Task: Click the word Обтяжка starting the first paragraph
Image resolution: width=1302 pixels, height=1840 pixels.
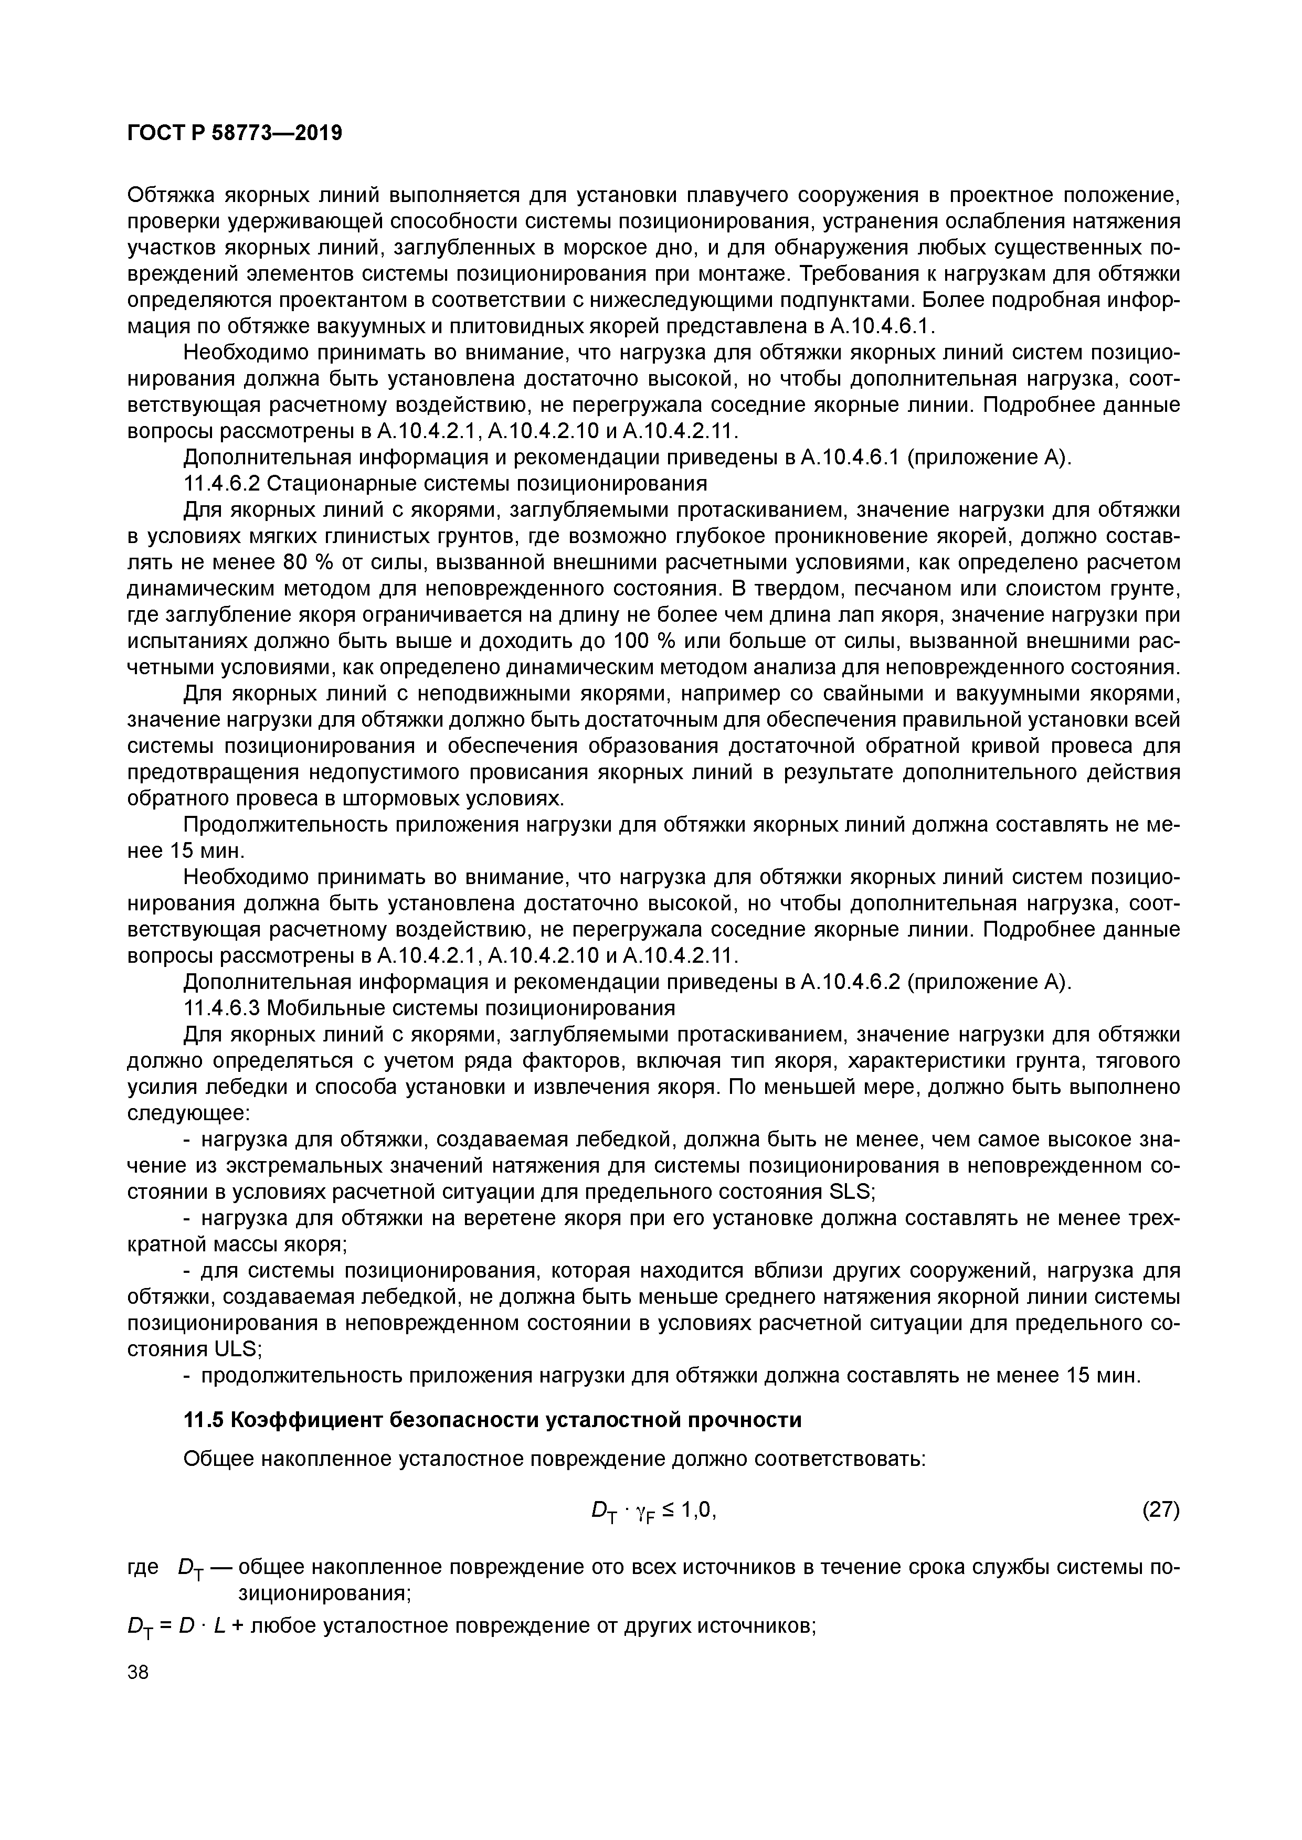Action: click(174, 196)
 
